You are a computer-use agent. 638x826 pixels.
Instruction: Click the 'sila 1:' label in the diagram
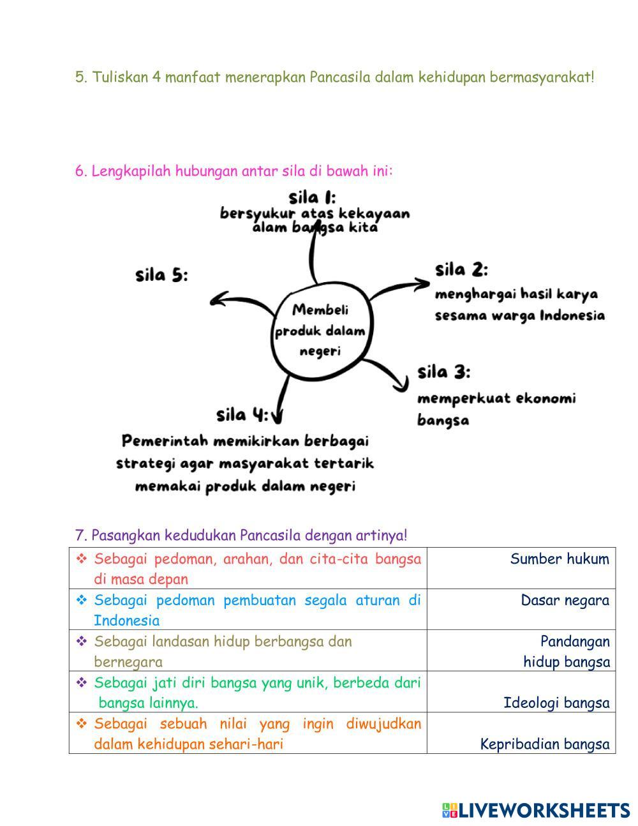pyautogui.click(x=312, y=197)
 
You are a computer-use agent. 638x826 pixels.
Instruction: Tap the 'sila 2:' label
pyautogui.click(x=461, y=270)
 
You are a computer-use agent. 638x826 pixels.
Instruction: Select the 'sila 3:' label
pyautogui.click(x=444, y=372)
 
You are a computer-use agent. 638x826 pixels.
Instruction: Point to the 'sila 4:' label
pyautogui.click(x=242, y=415)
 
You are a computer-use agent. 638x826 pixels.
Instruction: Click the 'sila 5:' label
pyautogui.click(x=161, y=276)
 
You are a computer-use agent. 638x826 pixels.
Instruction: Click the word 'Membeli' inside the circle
pyautogui.click(x=320, y=310)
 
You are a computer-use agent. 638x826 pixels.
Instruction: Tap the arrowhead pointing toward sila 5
pyautogui.click(x=219, y=299)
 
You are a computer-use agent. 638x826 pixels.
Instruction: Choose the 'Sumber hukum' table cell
pyautogui.click(x=559, y=559)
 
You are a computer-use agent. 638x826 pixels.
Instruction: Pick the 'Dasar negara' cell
pyautogui.click(x=565, y=600)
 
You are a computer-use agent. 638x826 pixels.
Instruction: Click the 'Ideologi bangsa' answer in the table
pyautogui.click(x=556, y=703)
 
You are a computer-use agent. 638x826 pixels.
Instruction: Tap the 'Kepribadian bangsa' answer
pyautogui.click(x=544, y=744)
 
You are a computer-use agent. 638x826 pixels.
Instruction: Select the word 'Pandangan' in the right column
pyautogui.click(x=575, y=641)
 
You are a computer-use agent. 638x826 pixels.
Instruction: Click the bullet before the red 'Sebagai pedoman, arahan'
pyautogui.click(x=82, y=559)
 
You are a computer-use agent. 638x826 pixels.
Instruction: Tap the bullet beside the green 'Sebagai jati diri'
pyautogui.click(x=82, y=683)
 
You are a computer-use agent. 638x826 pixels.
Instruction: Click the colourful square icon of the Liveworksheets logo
pyautogui.click(x=449, y=811)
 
